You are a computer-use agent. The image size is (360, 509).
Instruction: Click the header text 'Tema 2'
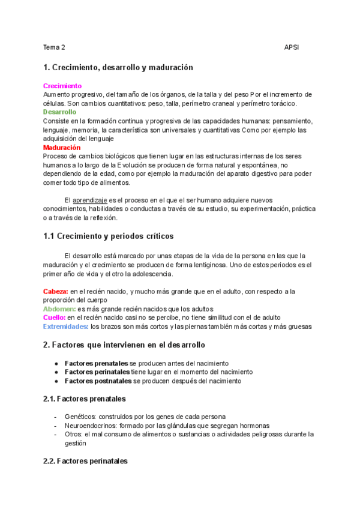(54, 47)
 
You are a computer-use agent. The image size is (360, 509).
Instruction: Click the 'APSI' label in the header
(292, 47)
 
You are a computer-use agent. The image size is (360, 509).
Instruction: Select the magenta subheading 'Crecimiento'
(62, 86)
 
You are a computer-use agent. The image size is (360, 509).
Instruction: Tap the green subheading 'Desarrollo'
(59, 112)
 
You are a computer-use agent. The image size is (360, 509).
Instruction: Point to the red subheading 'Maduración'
(62, 147)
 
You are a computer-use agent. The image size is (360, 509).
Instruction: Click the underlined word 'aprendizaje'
(90, 200)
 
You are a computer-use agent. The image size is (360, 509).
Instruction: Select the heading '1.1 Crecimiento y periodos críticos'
(109, 236)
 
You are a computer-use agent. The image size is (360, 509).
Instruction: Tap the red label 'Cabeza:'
(55, 291)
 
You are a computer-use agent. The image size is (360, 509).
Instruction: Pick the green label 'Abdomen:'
(59, 309)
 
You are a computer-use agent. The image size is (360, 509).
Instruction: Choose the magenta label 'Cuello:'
(54, 318)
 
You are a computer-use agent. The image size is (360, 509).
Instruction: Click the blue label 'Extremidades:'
(65, 327)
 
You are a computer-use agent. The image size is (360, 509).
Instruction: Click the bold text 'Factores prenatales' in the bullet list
(96, 363)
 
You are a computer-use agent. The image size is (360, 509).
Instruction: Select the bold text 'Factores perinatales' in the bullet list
(97, 372)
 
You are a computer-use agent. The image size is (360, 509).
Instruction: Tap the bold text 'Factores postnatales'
(98, 381)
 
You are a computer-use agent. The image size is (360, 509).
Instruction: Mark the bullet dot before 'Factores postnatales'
(56, 381)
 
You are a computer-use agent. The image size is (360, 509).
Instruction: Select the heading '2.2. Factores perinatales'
(85, 462)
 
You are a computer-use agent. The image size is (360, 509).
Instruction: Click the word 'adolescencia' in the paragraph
(152, 274)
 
